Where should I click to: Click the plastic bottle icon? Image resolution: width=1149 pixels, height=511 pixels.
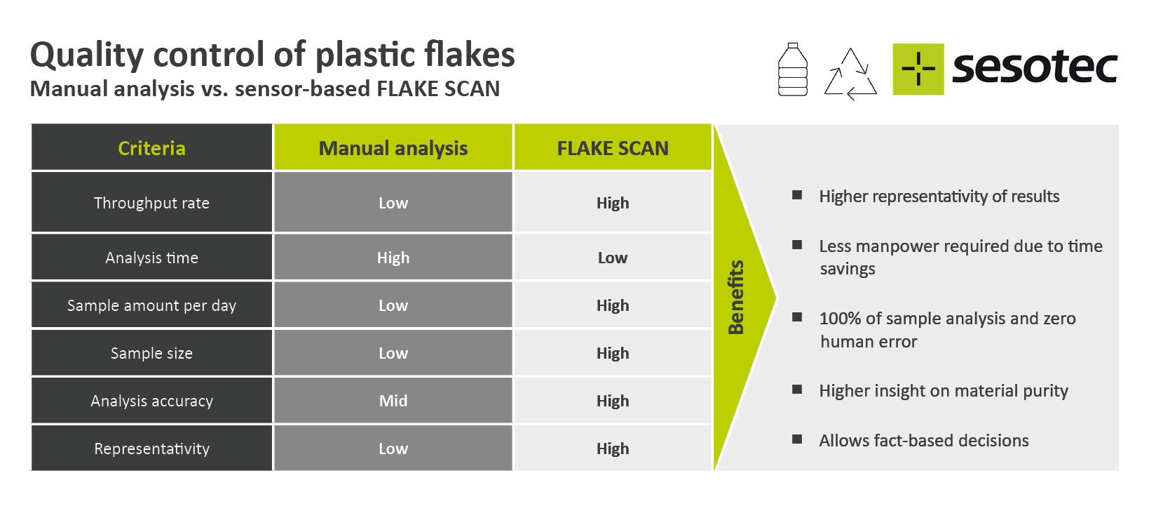coord(792,69)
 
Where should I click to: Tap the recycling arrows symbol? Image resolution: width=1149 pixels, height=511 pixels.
coord(850,74)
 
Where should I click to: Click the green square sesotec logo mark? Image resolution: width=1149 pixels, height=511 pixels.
coord(918,69)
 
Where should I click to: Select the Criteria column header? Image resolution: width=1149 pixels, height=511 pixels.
coord(152,148)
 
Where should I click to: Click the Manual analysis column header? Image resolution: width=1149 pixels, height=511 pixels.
coord(393,148)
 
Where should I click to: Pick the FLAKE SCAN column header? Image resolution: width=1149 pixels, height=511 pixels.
coord(613,148)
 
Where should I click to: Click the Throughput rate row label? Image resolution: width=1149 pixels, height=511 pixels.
coord(152,203)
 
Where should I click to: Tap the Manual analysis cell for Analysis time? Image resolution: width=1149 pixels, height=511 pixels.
coord(393,258)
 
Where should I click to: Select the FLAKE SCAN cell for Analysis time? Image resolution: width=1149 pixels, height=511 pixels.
coord(613,258)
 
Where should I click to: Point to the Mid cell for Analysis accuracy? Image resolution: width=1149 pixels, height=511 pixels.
coord(393,401)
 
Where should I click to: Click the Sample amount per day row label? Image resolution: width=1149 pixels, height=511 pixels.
coord(152,305)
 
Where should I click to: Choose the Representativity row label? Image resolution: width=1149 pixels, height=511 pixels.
coord(152,449)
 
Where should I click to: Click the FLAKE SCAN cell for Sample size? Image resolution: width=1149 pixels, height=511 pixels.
coord(613,353)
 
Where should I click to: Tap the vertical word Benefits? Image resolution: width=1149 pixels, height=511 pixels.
coord(736,298)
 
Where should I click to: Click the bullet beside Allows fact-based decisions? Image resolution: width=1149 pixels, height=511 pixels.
coord(797,439)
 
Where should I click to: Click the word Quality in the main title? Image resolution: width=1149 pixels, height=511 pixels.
coord(86,55)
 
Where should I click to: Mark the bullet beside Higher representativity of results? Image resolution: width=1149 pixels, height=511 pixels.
coord(797,195)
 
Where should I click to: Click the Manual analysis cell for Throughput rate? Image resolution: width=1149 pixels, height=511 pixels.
coord(393,203)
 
